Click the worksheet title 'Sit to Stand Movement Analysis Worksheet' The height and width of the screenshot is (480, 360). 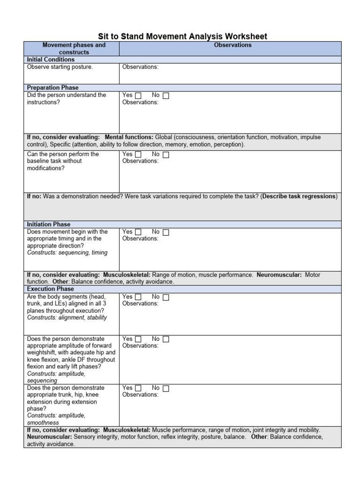click(182, 37)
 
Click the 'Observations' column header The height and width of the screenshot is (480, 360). click(232, 45)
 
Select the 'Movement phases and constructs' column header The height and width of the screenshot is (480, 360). click(74, 49)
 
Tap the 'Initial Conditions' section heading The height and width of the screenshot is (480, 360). click(51, 60)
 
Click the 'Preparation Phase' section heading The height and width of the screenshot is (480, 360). click(52, 88)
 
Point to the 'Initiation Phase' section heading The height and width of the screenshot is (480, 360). click(49, 225)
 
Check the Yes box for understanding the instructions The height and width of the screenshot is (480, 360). click(138, 96)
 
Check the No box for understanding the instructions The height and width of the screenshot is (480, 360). click(166, 96)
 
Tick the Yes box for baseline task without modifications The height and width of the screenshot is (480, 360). click(138, 155)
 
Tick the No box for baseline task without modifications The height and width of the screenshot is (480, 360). click(166, 155)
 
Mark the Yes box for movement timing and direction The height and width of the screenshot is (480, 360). click(138, 232)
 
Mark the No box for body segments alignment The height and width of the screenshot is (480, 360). click(166, 297)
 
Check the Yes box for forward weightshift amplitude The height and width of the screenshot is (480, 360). click(138, 339)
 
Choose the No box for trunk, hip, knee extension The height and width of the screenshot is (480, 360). click(166, 389)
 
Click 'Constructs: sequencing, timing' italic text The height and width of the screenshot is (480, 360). click(67, 253)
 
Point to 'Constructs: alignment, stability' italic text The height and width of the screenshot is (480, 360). click(67, 317)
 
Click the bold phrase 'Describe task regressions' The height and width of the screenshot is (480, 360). click(299, 196)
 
